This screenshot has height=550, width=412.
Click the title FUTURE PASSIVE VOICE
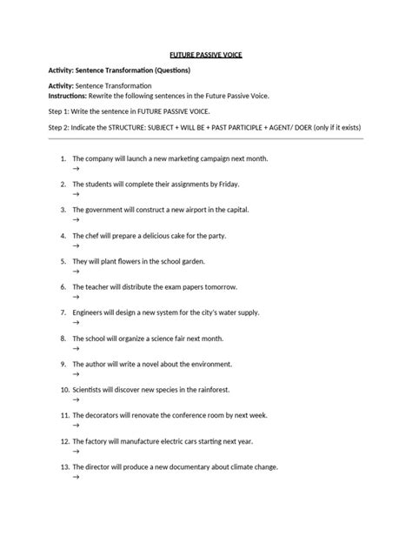(x=205, y=55)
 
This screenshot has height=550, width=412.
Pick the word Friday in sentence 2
(x=227, y=184)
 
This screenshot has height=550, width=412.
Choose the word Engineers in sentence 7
(x=90, y=311)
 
